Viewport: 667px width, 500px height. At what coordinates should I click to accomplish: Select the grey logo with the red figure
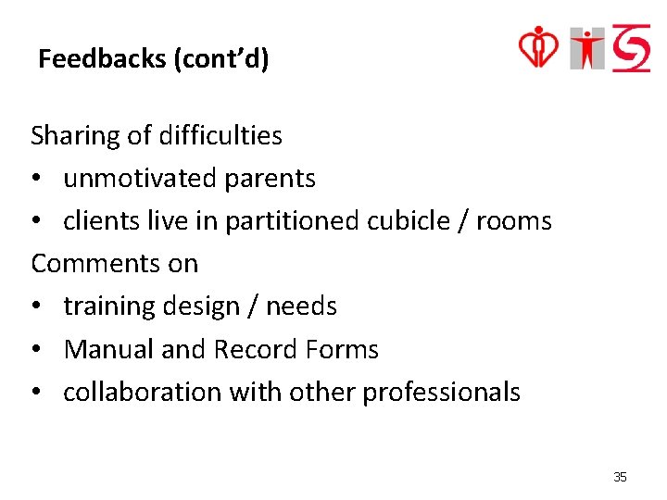(x=587, y=48)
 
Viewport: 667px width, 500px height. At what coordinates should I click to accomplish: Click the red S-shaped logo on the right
(x=632, y=48)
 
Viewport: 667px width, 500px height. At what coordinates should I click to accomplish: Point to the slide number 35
(x=620, y=477)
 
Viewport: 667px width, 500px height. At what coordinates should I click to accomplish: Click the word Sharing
(x=75, y=136)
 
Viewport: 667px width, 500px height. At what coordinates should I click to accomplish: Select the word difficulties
(x=220, y=136)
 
